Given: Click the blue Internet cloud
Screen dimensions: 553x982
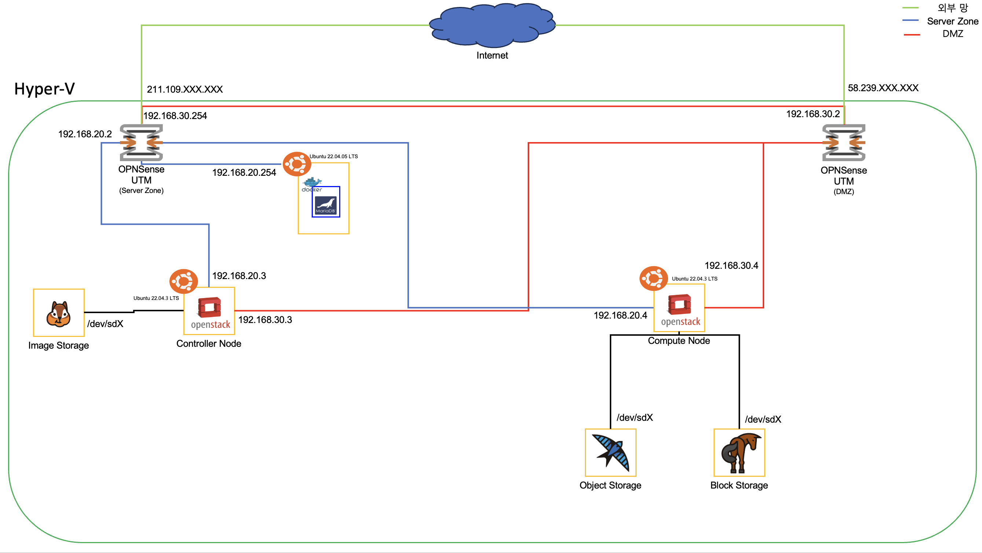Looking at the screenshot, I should (492, 25).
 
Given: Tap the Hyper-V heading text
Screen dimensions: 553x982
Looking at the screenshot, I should (44, 89).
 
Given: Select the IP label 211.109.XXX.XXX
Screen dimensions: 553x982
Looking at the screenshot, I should (184, 89).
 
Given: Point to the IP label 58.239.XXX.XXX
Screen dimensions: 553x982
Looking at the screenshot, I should (883, 88).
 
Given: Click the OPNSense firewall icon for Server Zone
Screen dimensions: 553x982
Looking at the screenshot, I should (141, 142).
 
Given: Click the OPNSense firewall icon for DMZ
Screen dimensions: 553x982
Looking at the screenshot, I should (844, 142).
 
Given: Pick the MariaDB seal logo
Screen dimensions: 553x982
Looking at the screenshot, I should (326, 205).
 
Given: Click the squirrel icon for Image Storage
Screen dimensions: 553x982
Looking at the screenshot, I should (58, 313).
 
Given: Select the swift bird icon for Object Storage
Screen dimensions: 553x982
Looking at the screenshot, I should (611, 452).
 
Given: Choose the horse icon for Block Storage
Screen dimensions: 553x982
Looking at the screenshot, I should (740, 452).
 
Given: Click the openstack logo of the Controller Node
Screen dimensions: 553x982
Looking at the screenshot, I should (210, 312).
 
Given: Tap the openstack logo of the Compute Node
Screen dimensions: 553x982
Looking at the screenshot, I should (680, 309).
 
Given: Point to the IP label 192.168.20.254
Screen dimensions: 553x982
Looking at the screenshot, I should (244, 172).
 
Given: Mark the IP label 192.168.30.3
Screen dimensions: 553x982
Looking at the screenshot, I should (265, 320).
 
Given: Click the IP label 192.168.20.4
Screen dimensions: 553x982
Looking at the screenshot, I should (620, 315).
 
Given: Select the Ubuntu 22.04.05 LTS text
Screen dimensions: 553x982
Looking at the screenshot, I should (334, 156).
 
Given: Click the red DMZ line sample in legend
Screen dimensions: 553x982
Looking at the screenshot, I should (912, 35).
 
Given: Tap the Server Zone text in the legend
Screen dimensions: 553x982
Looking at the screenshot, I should (952, 21).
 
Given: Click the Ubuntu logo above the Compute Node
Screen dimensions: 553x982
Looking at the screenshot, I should (653, 278).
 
